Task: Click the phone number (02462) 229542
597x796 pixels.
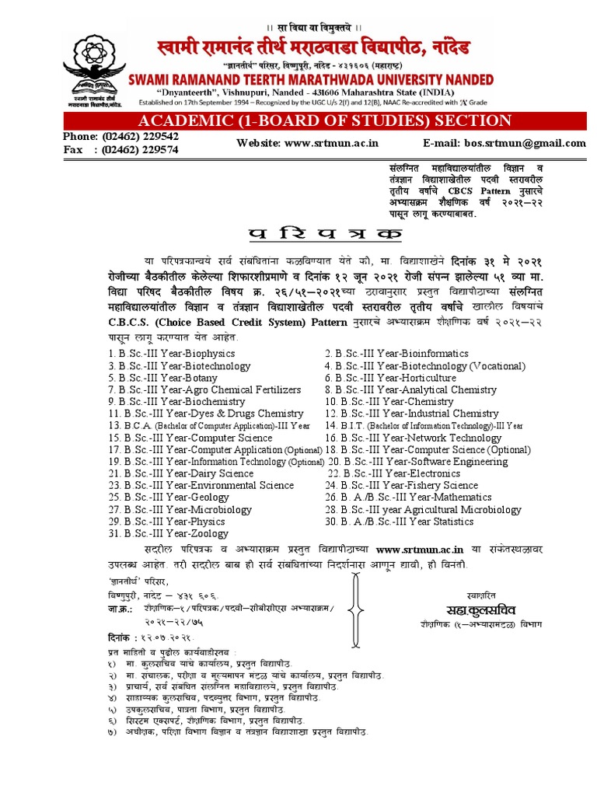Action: pyautogui.click(x=141, y=135)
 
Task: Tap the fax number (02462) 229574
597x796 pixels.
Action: pyautogui.click(x=141, y=149)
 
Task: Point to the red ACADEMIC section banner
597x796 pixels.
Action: pyautogui.click(x=324, y=120)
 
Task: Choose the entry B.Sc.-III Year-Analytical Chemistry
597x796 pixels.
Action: pyautogui.click(x=410, y=389)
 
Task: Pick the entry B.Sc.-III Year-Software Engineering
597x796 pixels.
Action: pyautogui.click(x=424, y=462)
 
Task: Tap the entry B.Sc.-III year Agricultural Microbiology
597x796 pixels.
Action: pyautogui.click(x=423, y=510)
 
